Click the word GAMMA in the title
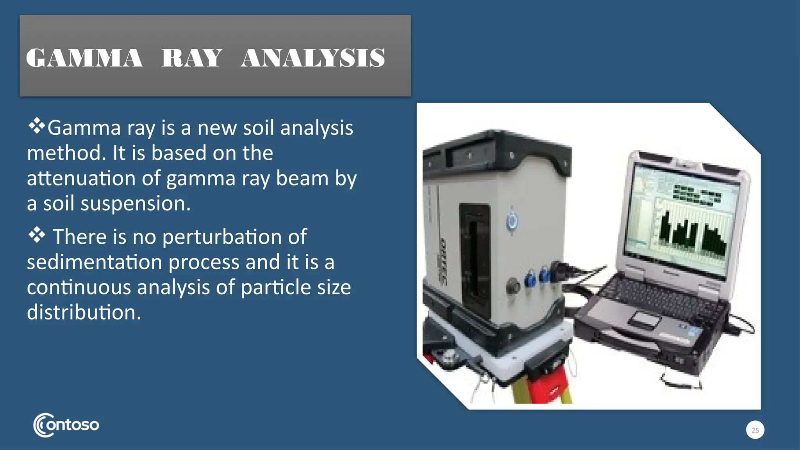pos(84,58)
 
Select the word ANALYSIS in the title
pos(313,58)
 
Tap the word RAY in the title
pos(191,58)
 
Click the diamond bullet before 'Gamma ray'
pos(36,126)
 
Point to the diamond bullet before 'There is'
pos(36,235)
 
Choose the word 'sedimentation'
pos(94,262)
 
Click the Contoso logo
pos(66,425)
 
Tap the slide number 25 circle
pos(755,430)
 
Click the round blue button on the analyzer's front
pos(512,221)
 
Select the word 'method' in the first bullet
pos(65,153)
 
